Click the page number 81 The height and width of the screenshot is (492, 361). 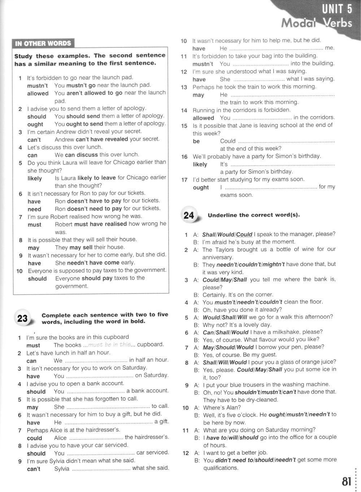tap(346, 482)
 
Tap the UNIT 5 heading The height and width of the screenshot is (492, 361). tap(337, 9)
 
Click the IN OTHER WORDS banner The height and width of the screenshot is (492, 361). tap(43, 44)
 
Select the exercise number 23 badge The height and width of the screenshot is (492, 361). tap(22, 318)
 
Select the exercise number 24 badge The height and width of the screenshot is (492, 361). tap(189, 216)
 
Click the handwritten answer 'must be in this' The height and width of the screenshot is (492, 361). tap(109, 344)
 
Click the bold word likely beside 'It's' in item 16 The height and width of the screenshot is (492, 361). tap(200, 164)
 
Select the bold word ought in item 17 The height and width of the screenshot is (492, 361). tap(201, 187)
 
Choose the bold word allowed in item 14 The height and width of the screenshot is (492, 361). tap(203, 118)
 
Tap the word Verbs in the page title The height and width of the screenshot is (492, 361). tap(337, 23)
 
